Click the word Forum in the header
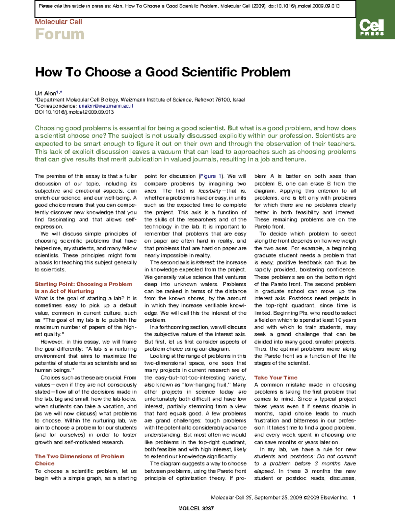coord(60,34)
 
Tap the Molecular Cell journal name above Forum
coord(58,22)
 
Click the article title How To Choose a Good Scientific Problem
coord(163,72)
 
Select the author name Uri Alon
coord(45,93)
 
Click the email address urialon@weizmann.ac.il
coord(106,106)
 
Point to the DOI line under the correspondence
coord(74,112)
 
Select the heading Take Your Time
coord(276,378)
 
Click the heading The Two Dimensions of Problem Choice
coord(79,456)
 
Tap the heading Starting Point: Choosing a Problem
coord(83,284)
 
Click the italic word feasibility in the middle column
coord(210,191)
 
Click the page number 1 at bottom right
coord(354,498)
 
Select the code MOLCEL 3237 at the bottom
coord(196,508)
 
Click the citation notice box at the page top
coord(195,9)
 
